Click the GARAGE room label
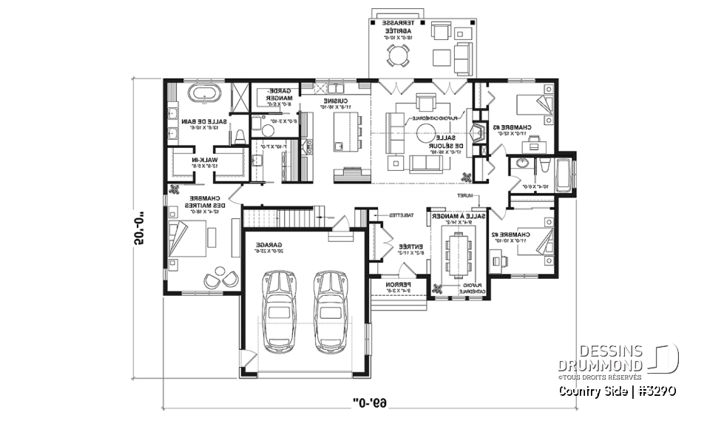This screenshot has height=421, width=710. click(266, 243)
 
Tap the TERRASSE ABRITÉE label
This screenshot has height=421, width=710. click(392, 27)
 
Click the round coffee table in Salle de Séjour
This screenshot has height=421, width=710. click(426, 133)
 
